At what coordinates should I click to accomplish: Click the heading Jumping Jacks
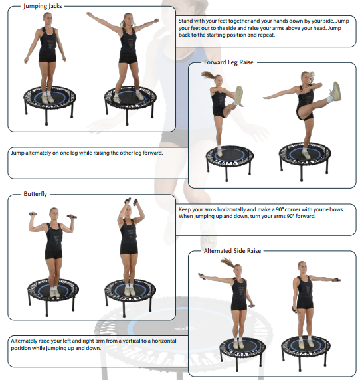pos(43,6)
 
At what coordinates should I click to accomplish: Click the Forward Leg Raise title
pos(228,62)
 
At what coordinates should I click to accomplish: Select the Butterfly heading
pos(35,194)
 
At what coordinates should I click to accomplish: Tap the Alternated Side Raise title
pos(232,251)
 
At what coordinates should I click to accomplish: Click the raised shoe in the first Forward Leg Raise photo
pos(238,96)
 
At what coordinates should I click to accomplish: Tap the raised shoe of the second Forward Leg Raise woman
pos(336,92)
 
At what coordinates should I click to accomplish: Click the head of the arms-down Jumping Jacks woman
pos(48,19)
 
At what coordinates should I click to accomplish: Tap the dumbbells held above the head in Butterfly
pos(131,202)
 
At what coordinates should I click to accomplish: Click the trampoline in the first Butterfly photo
pos(53,296)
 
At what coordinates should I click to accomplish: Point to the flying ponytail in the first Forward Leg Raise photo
pos(208,74)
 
